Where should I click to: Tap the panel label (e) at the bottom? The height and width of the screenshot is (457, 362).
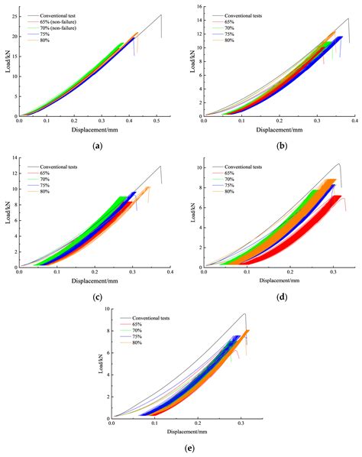pyautogui.click(x=181, y=449)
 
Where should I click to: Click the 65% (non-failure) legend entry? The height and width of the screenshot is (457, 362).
pyautogui.click(x=68, y=21)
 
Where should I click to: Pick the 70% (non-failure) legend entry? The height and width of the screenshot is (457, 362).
pyautogui.click(x=68, y=27)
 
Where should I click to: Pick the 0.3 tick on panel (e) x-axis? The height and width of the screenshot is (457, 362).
pyautogui.click(x=241, y=423)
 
